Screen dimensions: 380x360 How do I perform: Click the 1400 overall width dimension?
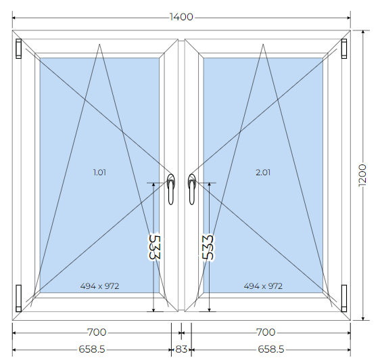tap(181, 17)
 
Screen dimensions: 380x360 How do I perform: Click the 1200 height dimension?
tap(362, 175)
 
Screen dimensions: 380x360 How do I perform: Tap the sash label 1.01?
tap(99, 173)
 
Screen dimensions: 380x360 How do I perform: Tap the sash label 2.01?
tap(263, 173)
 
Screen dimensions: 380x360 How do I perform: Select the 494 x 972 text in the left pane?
tap(99, 286)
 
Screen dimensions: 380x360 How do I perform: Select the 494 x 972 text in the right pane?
tap(263, 286)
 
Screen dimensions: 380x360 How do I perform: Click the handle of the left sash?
tap(171, 189)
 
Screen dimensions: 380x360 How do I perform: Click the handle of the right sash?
tap(192, 189)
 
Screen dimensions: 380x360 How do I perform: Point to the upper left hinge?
tap(19, 49)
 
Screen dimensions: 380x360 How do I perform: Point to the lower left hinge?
tap(19, 298)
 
